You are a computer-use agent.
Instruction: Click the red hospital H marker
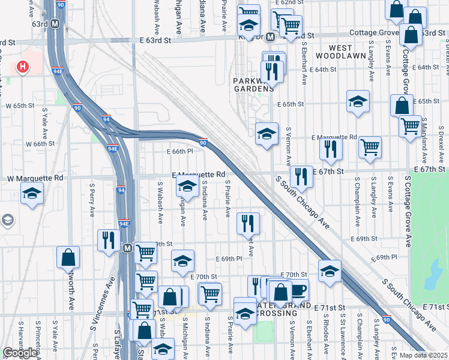coord(23,67)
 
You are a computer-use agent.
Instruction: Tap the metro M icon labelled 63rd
coord(55,24)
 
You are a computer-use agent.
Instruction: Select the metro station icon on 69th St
coord(127,248)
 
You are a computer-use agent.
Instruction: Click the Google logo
coord(20,353)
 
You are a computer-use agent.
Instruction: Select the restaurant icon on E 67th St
coord(301,176)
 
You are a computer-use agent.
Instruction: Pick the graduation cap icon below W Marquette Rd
coord(32,193)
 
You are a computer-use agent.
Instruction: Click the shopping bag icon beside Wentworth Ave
coord(68,257)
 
